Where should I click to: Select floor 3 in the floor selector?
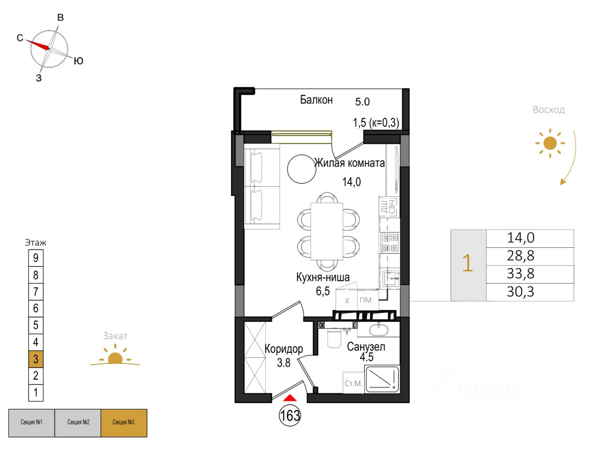click(x=36, y=359)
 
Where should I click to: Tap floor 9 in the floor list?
click(x=36, y=258)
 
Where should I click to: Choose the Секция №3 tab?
click(x=124, y=422)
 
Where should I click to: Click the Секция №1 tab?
click(x=32, y=422)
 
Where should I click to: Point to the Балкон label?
click(x=316, y=100)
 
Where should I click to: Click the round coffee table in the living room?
click(x=301, y=169)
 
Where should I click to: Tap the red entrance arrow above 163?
click(x=290, y=398)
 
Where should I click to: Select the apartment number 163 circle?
click(x=290, y=415)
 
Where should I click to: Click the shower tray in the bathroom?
click(x=382, y=379)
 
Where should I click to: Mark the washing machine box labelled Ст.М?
click(x=353, y=383)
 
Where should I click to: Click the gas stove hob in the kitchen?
click(x=389, y=242)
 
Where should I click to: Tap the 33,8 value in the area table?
click(x=520, y=274)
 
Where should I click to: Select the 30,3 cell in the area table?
click(x=520, y=292)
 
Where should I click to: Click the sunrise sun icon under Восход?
click(x=550, y=143)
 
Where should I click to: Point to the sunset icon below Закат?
click(x=115, y=358)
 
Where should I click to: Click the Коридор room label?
click(x=284, y=349)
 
